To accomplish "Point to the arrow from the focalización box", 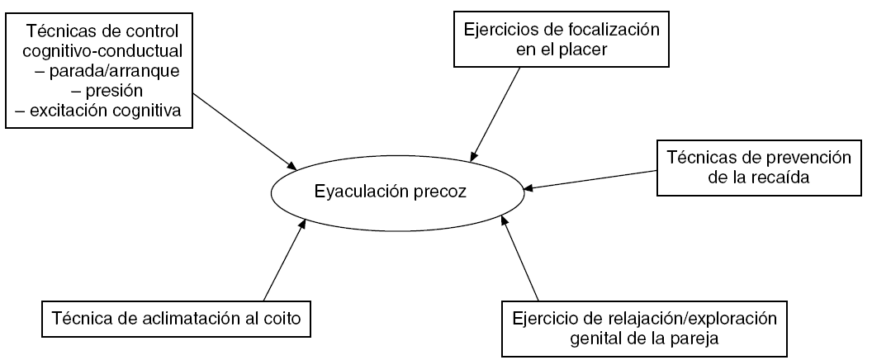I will (x=496, y=112).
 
